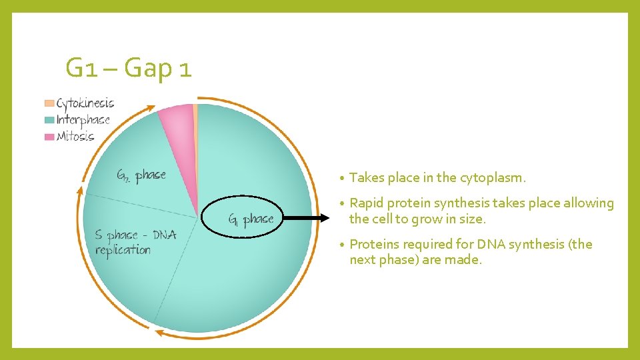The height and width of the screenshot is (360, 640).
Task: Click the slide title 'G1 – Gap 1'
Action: pyautogui.click(x=129, y=68)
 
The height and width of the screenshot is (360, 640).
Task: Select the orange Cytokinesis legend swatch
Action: pyautogui.click(x=49, y=103)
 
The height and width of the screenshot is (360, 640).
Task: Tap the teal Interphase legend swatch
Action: pyautogui.click(x=49, y=120)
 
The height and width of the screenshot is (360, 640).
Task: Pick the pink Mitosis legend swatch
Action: pyautogui.click(x=49, y=137)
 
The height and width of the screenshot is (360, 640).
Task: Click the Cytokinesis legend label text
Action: pyautogui.click(x=85, y=103)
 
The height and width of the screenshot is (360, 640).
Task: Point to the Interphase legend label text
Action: pyautogui.click(x=83, y=120)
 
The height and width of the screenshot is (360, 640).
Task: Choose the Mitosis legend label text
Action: pyautogui.click(x=75, y=137)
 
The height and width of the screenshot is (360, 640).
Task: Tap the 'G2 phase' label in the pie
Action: pyautogui.click(x=141, y=175)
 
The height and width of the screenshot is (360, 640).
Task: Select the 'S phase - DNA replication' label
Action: pyautogui.click(x=135, y=243)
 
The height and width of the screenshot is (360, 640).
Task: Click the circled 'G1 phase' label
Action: pyautogui.click(x=251, y=219)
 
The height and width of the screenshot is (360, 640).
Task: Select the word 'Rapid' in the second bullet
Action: pyautogui.click(x=366, y=203)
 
